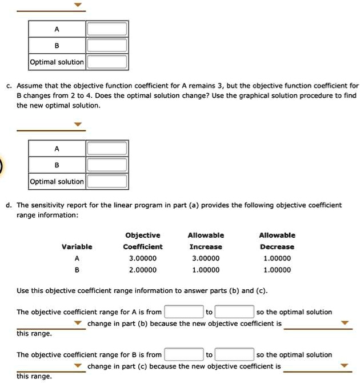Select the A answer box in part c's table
click(x=107, y=149)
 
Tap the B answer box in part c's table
click(x=107, y=165)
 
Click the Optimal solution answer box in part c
click(x=107, y=182)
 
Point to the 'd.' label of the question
click(x=9, y=205)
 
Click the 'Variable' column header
click(x=77, y=247)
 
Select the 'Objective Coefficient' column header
click(x=143, y=241)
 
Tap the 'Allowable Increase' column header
click(x=206, y=241)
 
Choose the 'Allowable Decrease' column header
click(x=277, y=241)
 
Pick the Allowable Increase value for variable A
click(x=206, y=258)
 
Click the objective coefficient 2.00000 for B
click(x=143, y=270)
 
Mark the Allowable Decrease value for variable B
click(x=277, y=270)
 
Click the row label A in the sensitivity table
click(x=77, y=258)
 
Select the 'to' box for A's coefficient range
click(x=234, y=312)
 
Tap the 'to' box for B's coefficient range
click(x=234, y=354)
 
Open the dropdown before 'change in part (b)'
click(x=78, y=324)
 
